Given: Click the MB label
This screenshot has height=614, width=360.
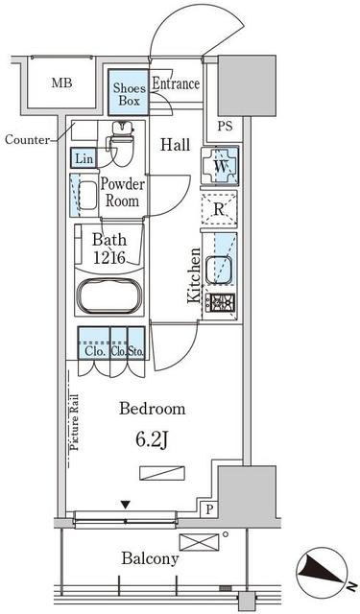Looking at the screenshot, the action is click(61, 83).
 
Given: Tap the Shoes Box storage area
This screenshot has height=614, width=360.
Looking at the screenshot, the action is click(129, 93).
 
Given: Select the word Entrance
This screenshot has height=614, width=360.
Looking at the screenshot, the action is click(176, 83).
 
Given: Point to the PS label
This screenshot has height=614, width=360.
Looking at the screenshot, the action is click(225, 126).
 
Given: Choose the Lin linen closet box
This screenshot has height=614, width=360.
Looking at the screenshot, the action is click(84, 158).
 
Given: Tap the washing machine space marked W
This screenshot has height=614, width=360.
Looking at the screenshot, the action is click(220, 165).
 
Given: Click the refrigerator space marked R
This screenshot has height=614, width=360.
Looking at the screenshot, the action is click(219, 209).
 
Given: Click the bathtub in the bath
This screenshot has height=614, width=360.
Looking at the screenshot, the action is click(109, 295).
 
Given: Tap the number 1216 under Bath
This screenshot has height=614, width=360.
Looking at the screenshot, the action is click(109, 257).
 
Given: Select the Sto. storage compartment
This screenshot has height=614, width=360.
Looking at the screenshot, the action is click(136, 343).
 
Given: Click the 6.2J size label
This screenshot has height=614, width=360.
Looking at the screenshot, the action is click(153, 440).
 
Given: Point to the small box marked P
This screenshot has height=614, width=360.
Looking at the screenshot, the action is click(210, 509).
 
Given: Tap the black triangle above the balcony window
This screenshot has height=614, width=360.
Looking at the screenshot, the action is click(125, 506).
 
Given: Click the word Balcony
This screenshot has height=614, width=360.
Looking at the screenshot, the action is click(150, 558).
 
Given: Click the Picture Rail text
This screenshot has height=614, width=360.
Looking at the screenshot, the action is click(74, 421).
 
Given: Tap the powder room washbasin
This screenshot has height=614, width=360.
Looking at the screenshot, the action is click(87, 196).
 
